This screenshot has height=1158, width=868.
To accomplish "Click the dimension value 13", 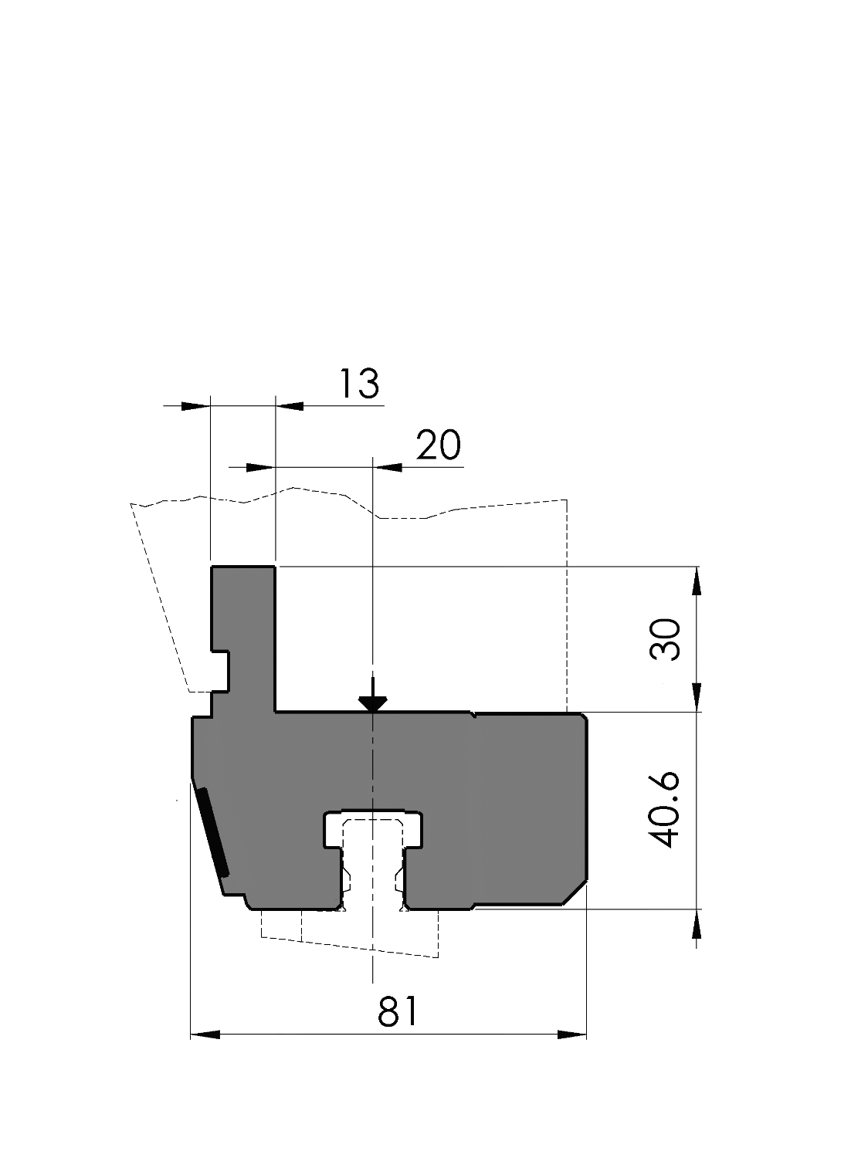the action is [359, 384].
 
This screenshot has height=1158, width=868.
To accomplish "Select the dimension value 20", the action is [439, 445].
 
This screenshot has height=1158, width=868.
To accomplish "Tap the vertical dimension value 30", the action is [666, 639].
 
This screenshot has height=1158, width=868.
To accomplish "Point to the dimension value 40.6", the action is [666, 810].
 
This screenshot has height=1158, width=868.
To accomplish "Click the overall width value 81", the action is [398, 1011].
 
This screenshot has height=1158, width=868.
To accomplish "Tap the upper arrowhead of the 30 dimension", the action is [697, 581].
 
